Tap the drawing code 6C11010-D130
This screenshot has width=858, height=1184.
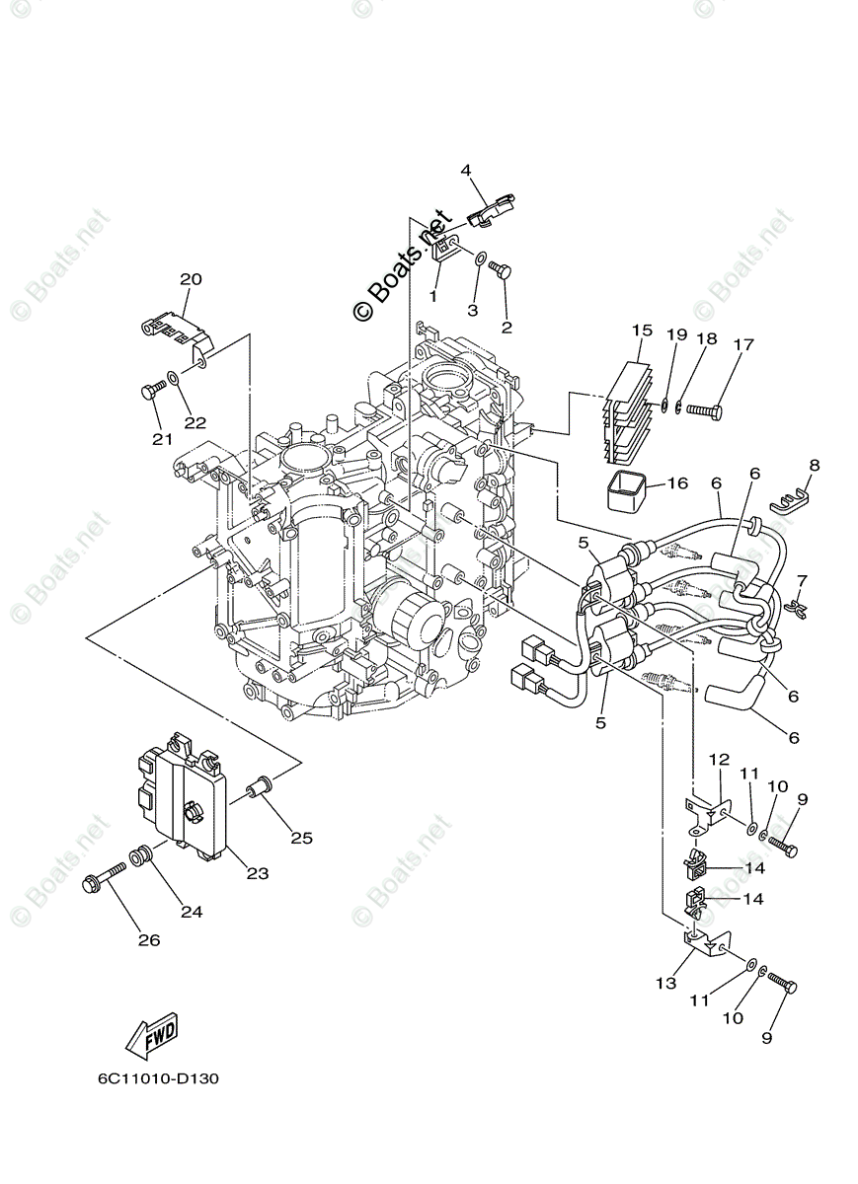click(158, 1078)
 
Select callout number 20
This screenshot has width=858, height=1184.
click(191, 279)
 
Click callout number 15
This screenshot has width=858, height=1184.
click(643, 330)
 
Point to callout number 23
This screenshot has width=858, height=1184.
click(257, 873)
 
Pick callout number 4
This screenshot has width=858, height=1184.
click(466, 171)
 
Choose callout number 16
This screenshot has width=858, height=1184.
click(676, 483)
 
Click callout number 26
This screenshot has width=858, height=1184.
click(148, 940)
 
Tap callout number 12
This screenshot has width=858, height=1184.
click(718, 759)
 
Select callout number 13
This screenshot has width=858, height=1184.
click(666, 983)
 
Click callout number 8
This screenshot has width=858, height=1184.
click(814, 464)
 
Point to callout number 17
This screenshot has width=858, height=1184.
click(742, 344)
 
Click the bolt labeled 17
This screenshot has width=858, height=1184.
click(703, 407)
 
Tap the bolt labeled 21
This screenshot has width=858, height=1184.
click(151, 393)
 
